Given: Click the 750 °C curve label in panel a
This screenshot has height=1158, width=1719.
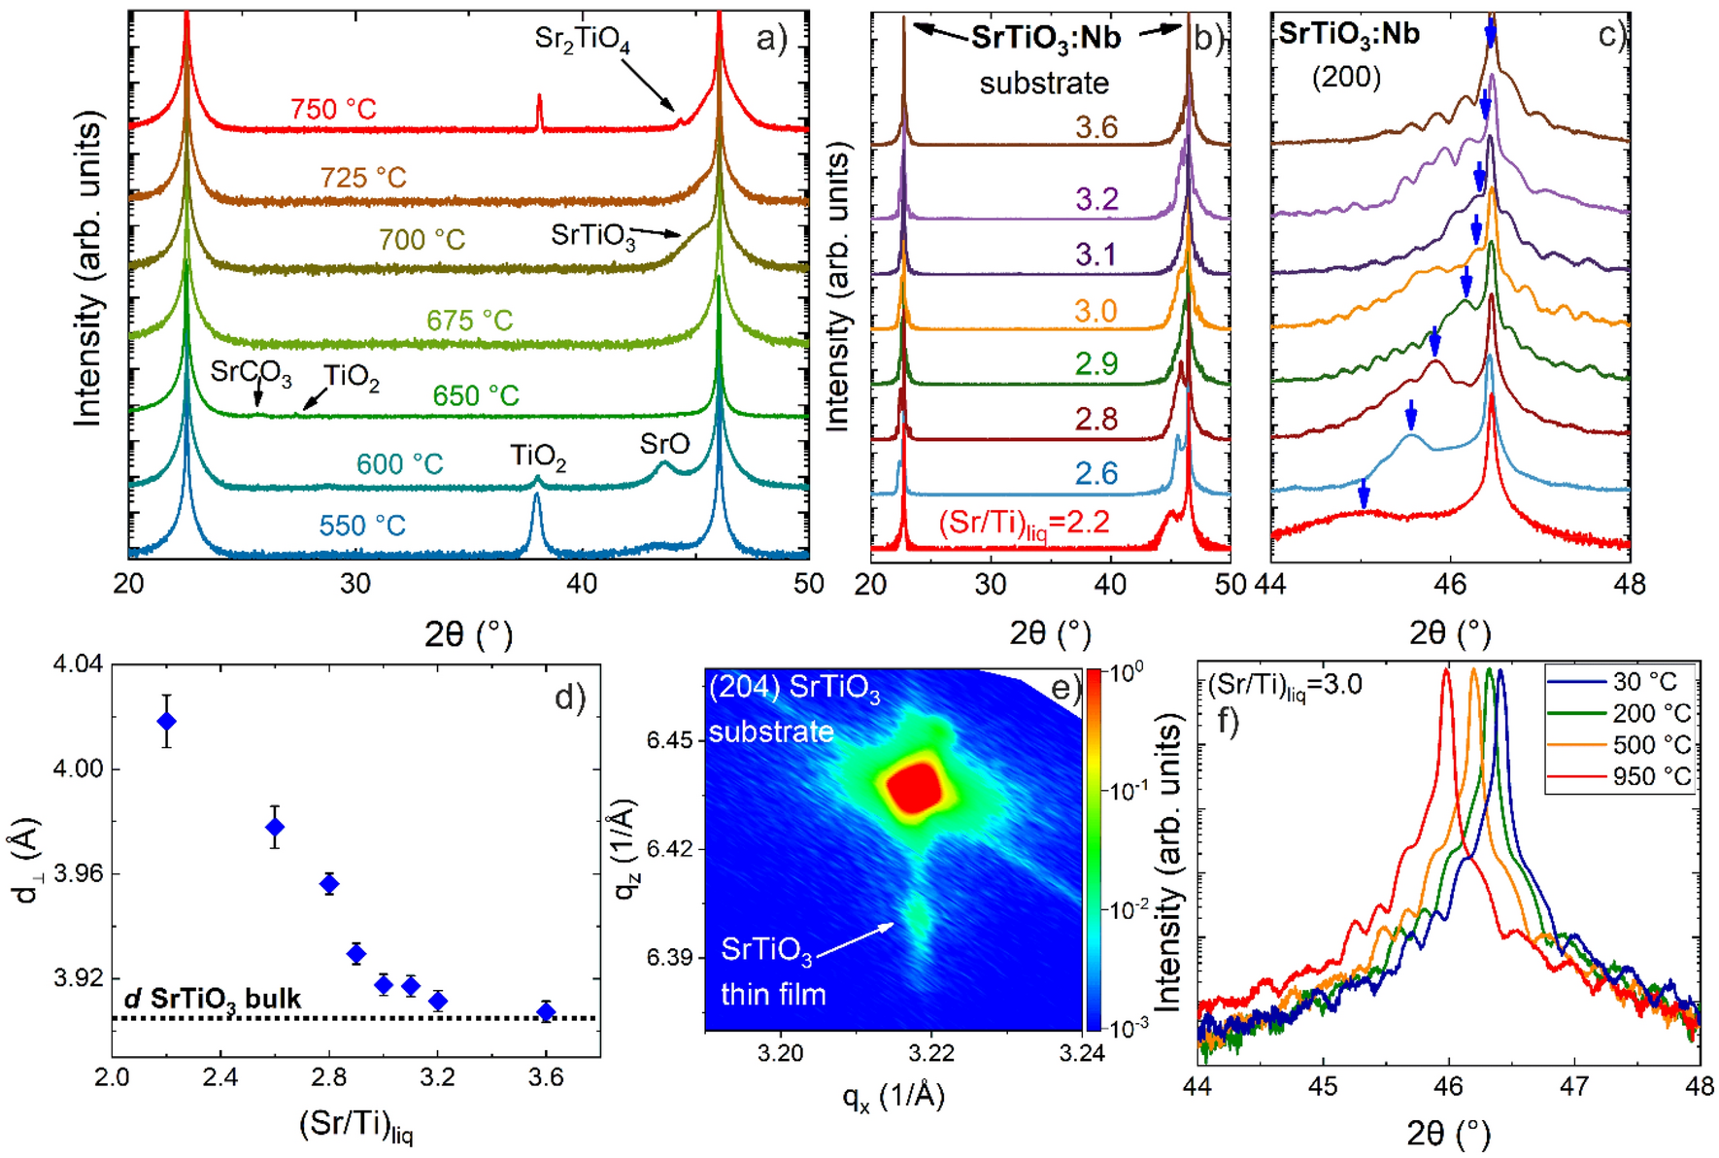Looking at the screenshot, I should tap(333, 109).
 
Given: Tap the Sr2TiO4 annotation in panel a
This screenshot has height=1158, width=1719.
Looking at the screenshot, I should tap(582, 40).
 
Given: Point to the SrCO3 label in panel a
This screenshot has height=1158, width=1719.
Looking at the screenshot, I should tap(251, 372).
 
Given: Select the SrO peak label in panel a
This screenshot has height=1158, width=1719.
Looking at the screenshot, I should tap(664, 444).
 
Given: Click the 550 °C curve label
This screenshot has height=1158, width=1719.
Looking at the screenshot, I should tap(362, 526).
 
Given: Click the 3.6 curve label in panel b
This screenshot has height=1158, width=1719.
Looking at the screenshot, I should tap(1095, 127).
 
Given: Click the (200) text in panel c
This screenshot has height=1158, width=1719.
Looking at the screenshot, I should tap(1346, 77).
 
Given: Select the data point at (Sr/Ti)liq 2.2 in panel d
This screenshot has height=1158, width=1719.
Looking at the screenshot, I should tap(167, 721).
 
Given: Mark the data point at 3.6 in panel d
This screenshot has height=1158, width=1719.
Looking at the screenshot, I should tap(547, 1011).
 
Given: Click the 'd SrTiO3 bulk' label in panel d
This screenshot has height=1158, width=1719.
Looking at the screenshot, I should tap(213, 999).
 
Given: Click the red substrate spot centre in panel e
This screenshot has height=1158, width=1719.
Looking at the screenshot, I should tap(913, 787).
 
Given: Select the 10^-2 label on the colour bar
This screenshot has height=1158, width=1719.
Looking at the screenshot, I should tap(1128, 910).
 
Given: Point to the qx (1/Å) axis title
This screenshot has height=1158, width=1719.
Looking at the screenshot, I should tap(893, 1096).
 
